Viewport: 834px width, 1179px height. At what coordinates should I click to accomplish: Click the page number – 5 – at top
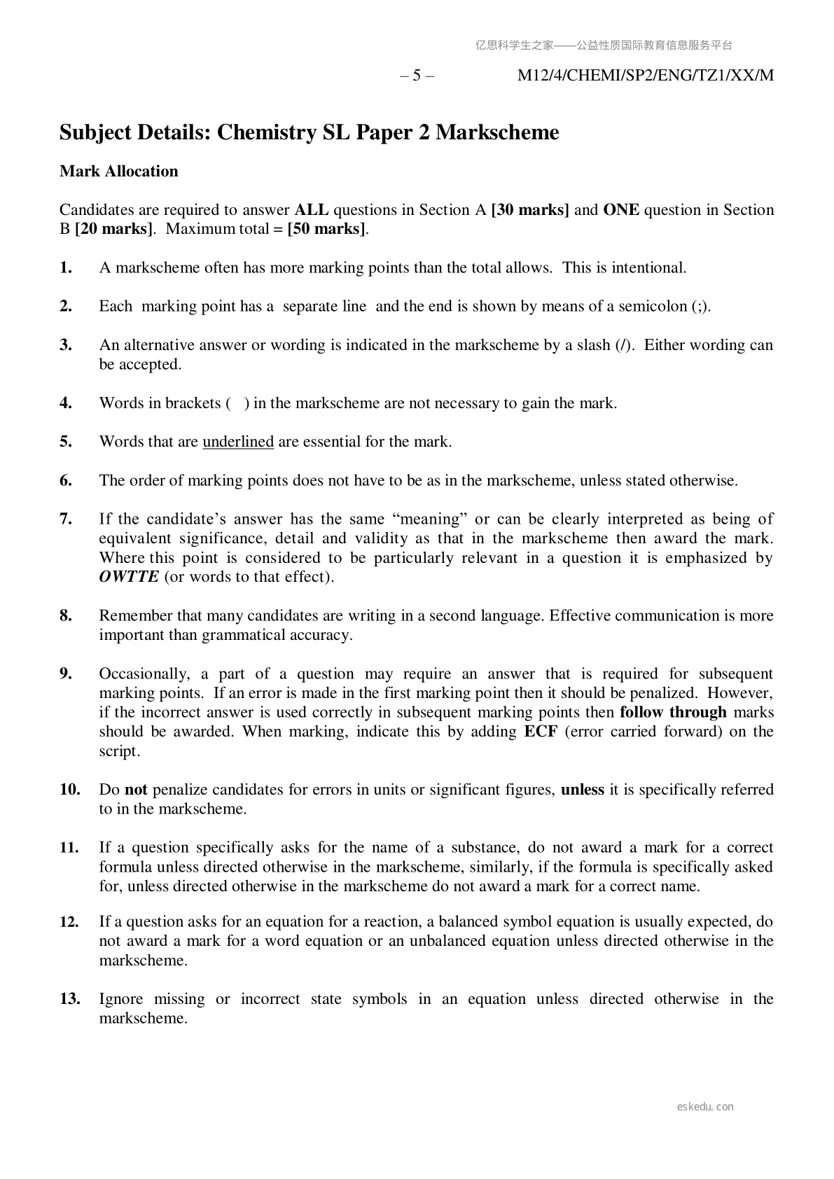pos(417,76)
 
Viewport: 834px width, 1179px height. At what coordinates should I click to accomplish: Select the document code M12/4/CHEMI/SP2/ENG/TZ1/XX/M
pos(645,76)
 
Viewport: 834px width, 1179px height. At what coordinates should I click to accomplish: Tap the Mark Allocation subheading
pos(119,172)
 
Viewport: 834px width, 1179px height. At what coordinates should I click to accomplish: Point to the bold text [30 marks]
pos(530,210)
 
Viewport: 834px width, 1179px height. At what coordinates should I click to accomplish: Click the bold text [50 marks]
pos(327,229)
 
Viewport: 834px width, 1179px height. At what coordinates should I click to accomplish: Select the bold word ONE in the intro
pos(621,210)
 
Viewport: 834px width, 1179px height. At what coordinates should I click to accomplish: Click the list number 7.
pos(67,519)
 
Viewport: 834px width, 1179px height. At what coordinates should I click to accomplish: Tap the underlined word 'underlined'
pos(238,442)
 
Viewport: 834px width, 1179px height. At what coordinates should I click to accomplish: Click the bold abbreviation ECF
pos(541,732)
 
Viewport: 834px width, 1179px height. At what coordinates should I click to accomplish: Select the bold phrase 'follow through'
pos(674,712)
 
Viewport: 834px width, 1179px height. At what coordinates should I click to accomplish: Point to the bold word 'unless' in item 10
pos(583,790)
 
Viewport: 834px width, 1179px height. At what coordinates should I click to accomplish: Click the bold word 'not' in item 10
pos(136,790)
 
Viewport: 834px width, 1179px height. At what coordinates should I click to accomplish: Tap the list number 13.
pos(69,999)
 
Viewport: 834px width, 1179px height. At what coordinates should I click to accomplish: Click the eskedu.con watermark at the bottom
pos(705,1107)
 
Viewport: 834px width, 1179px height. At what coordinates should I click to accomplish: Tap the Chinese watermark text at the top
pos(604,46)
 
